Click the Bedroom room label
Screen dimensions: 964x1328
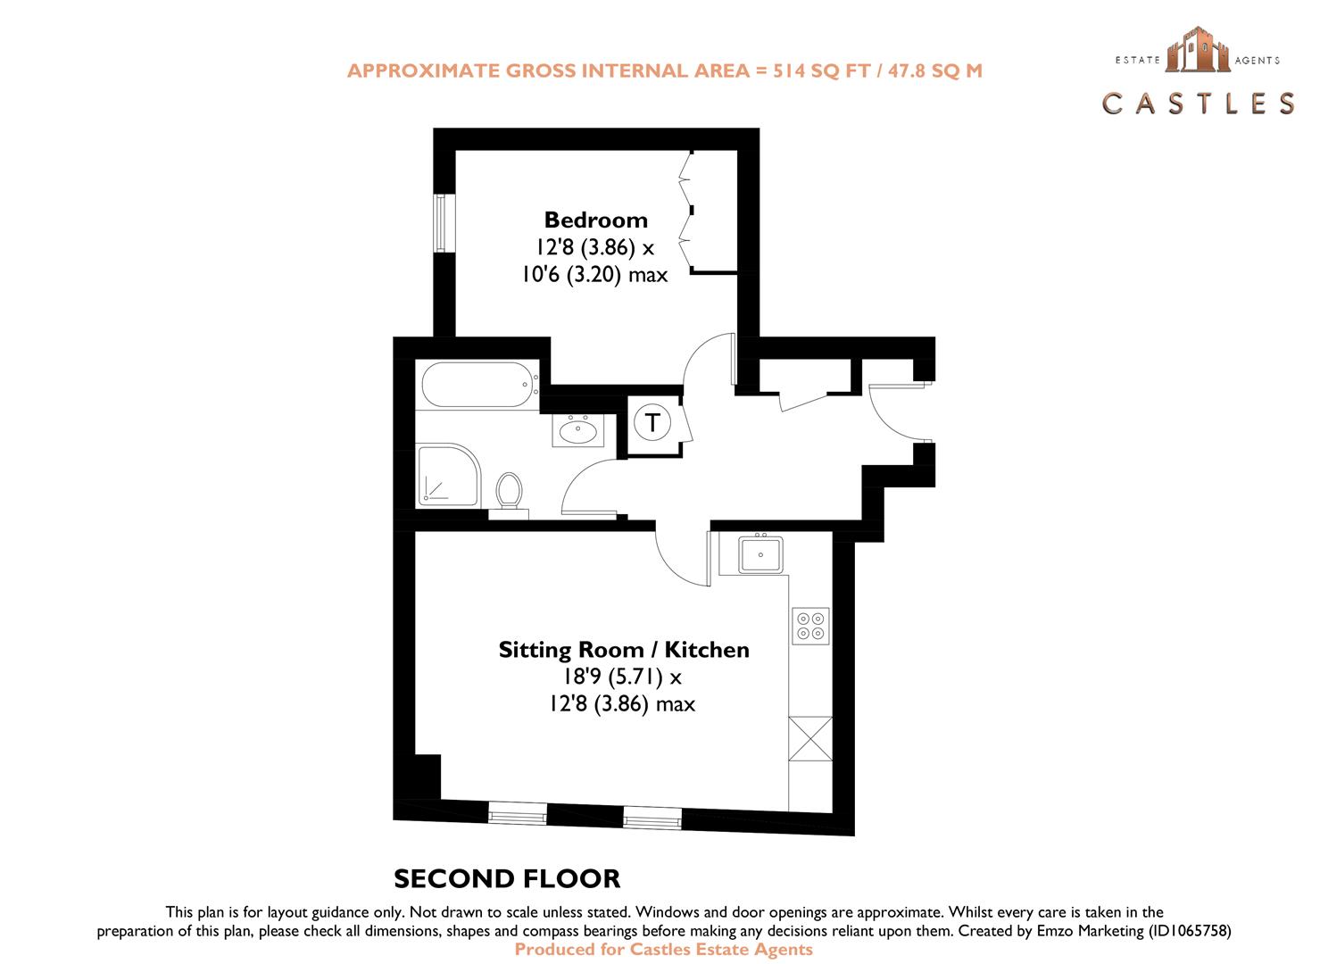pyautogui.click(x=595, y=220)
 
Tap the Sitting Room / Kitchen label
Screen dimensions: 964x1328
pyautogui.click(x=624, y=650)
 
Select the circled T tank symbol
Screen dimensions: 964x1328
pyautogui.click(x=654, y=422)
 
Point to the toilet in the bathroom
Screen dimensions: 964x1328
pyautogui.click(x=510, y=492)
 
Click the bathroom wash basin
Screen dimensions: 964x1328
pyautogui.click(x=578, y=431)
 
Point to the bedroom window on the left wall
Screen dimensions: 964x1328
pyautogui.click(x=442, y=222)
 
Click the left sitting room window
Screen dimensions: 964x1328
pyautogui.click(x=518, y=813)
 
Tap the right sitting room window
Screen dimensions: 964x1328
pyautogui.click(x=652, y=817)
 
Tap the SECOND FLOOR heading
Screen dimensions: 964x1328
pyautogui.click(x=507, y=878)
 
